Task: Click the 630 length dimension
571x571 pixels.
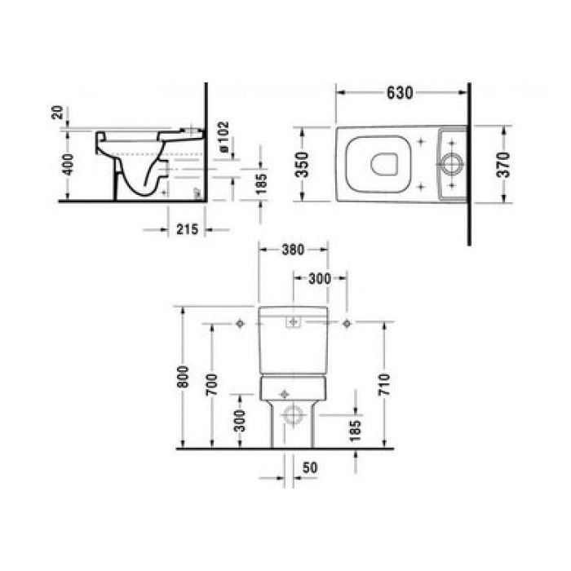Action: pyautogui.click(x=399, y=92)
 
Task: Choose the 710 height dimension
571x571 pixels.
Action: pyautogui.click(x=384, y=382)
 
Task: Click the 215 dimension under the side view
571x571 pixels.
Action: pyautogui.click(x=187, y=230)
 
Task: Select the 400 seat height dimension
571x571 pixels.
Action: pyautogui.click(x=68, y=164)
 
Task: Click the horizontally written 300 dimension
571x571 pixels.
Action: pyautogui.click(x=320, y=279)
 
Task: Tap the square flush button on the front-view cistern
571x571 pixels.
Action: pyautogui.click(x=292, y=323)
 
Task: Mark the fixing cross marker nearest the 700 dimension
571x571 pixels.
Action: pyautogui.click(x=239, y=325)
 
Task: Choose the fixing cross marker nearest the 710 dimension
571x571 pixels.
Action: pyautogui.click(x=347, y=325)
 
